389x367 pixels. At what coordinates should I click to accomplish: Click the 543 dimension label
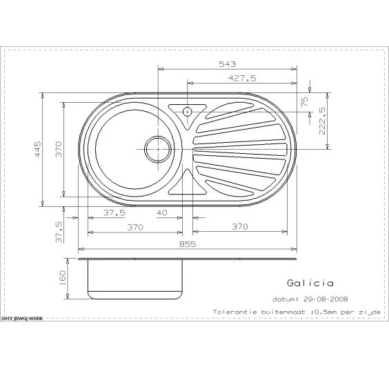coord(227,64)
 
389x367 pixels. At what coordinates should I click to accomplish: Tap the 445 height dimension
coord(37,149)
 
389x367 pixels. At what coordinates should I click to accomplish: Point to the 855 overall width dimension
coord(188,244)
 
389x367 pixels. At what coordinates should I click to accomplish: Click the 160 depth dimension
coord(62,278)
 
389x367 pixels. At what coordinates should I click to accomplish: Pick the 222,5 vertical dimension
coord(322,121)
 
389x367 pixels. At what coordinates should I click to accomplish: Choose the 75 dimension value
coord(304,101)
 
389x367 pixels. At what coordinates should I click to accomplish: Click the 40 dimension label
coord(162,212)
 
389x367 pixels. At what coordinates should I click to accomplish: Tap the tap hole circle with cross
coord(188,112)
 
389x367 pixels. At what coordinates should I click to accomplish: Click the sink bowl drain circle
coord(158,150)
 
